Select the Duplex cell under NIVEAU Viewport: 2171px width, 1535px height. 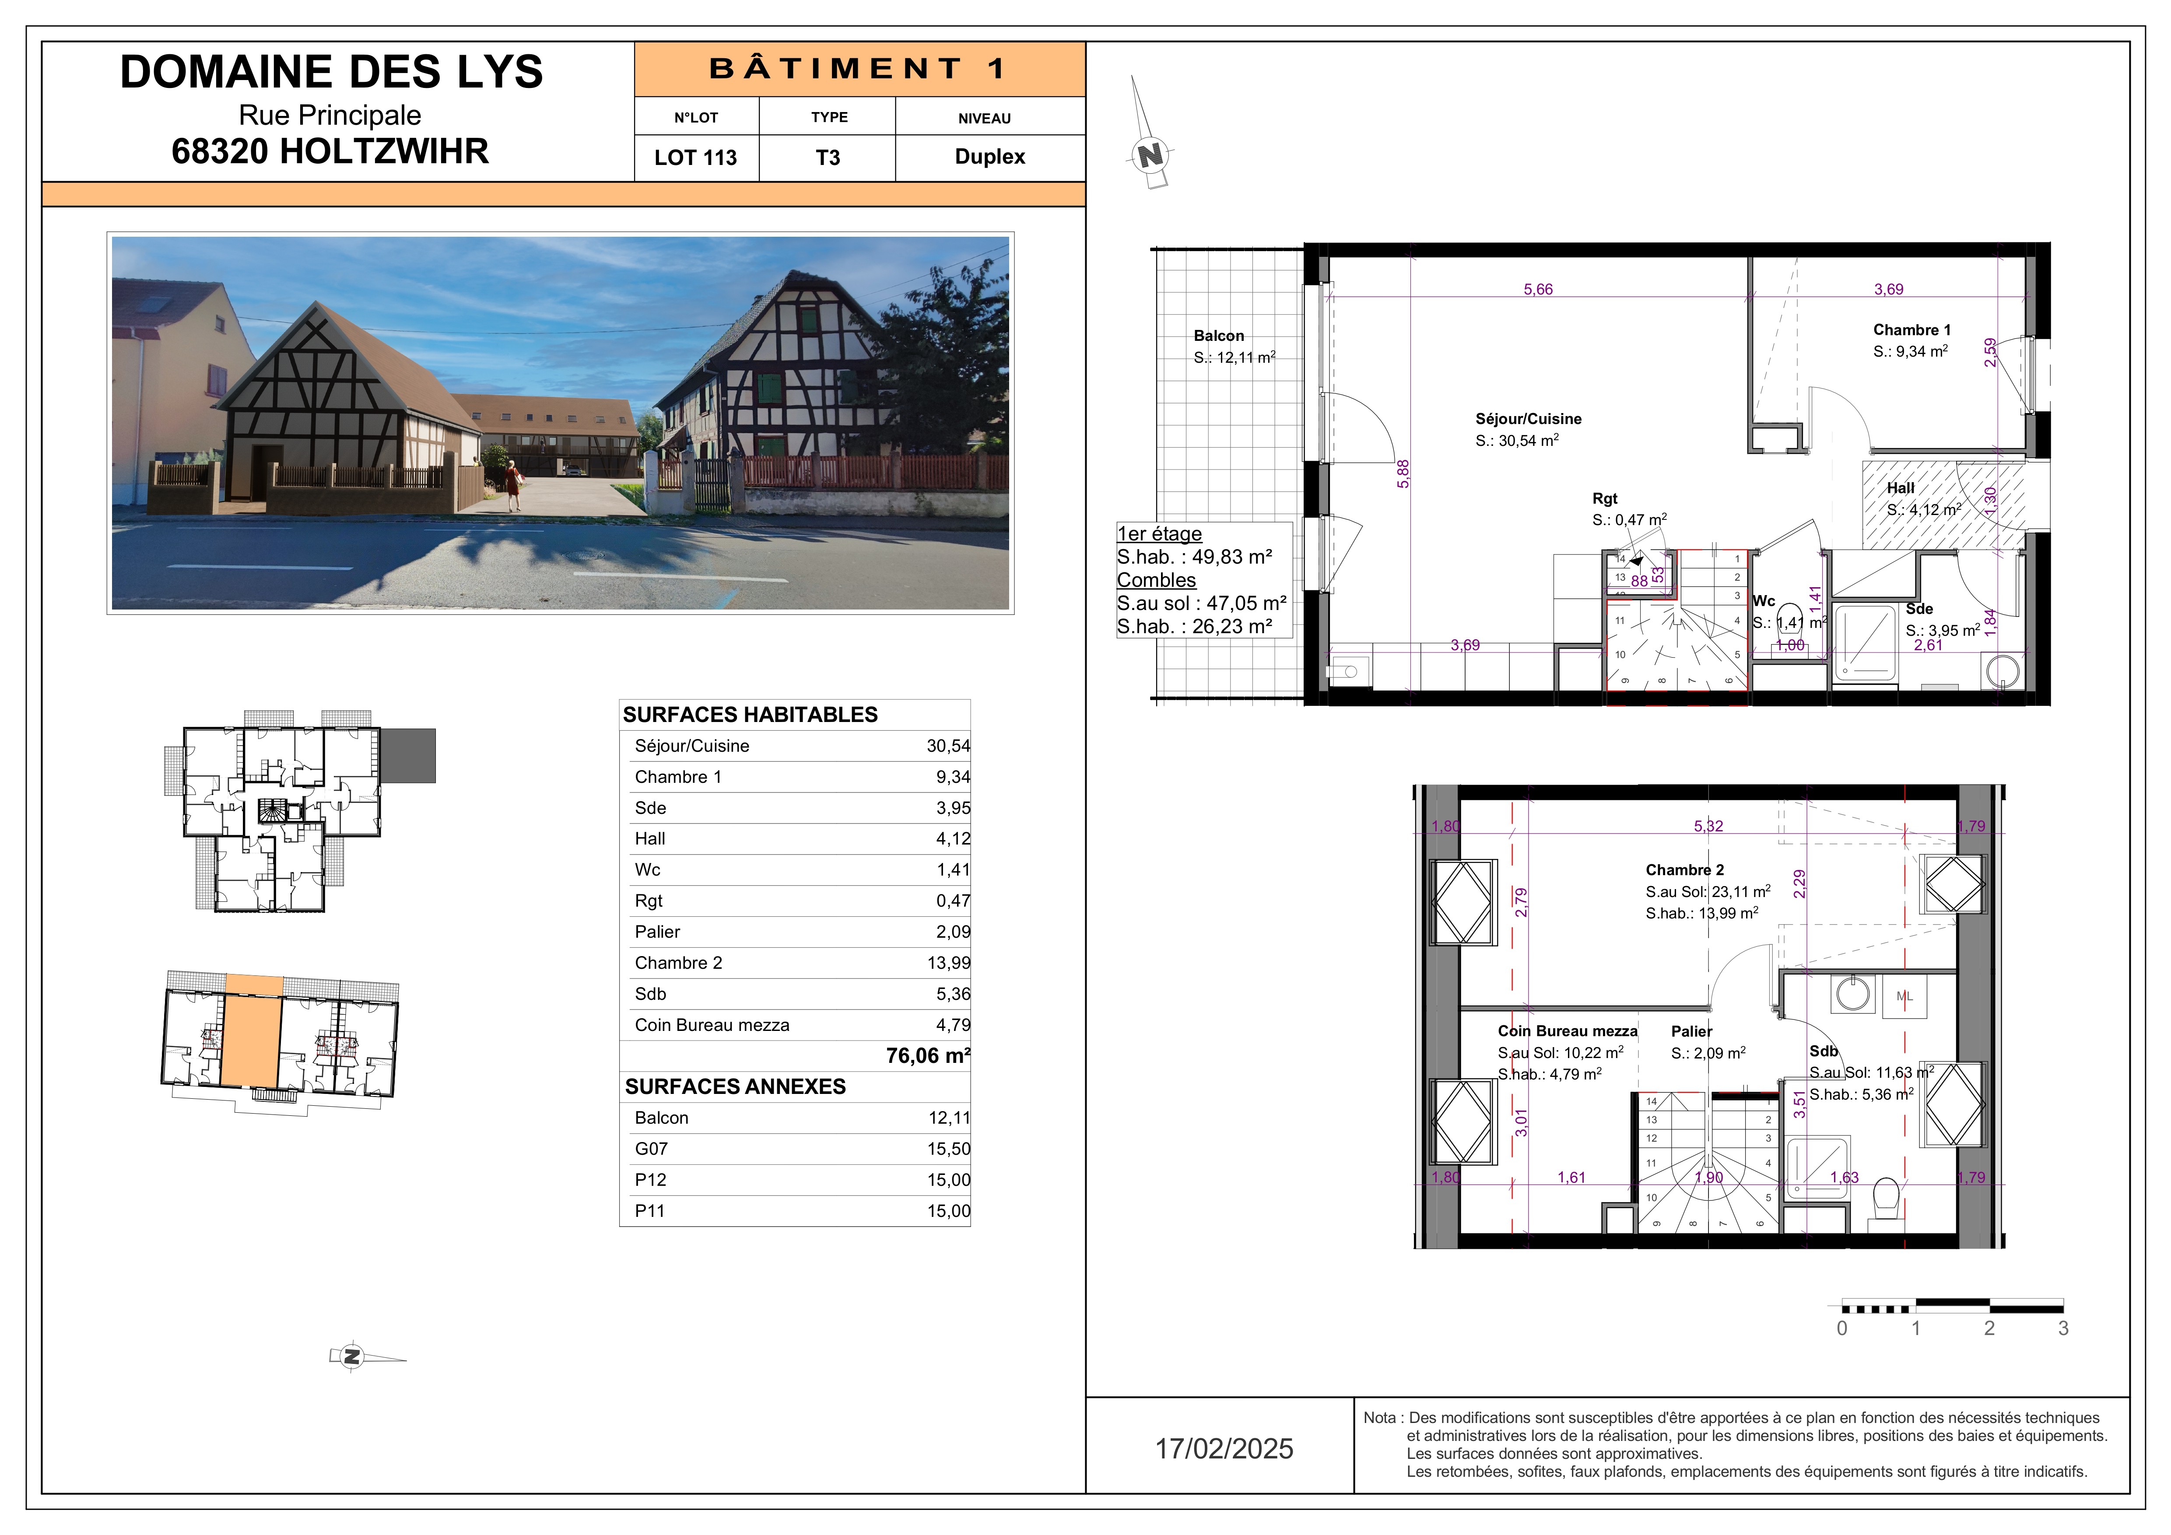tap(990, 157)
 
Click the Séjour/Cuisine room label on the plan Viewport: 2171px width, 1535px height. tap(1528, 419)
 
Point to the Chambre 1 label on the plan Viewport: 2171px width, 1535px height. tap(1912, 330)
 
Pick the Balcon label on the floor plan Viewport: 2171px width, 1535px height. tap(1219, 336)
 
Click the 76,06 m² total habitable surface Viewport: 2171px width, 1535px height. tap(928, 1056)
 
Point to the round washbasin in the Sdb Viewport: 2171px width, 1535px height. tap(1853, 994)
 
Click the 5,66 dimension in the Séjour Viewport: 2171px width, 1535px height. tap(1537, 289)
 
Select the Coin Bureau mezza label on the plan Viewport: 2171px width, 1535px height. tap(1567, 1031)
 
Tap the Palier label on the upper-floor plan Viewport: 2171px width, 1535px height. tap(1692, 1031)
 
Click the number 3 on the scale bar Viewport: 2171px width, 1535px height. tap(2063, 1328)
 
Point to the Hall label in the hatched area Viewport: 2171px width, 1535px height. tap(1901, 488)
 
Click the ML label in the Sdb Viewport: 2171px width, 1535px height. tap(1904, 996)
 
